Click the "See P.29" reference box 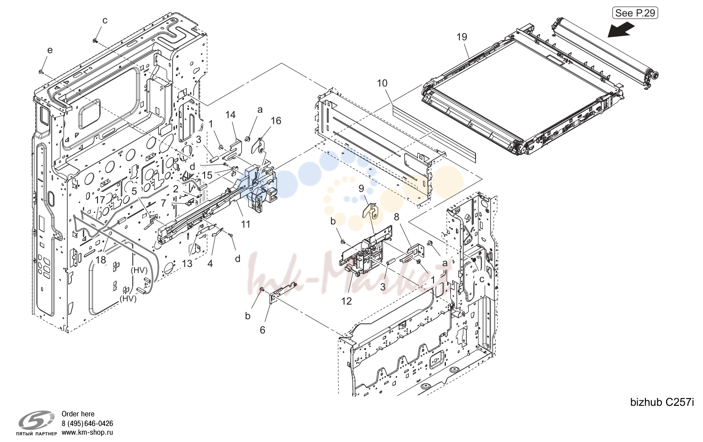tap(635, 13)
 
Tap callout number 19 tap(462, 37)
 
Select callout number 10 tap(382, 83)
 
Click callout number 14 tap(230, 115)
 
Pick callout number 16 tap(276, 120)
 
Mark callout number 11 tap(245, 224)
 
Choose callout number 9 tap(361, 189)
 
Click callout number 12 tap(346, 301)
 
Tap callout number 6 tap(262, 330)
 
